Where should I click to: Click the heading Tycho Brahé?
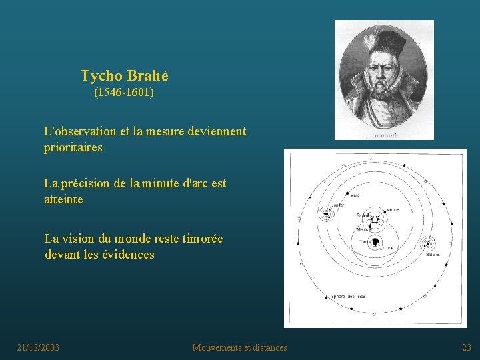coord(124,76)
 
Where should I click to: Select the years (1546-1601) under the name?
coord(124,92)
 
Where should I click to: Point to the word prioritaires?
coord(73,147)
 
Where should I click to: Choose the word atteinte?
coord(63,199)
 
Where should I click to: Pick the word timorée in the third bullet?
coord(199,238)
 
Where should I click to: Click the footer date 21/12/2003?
coord(38,347)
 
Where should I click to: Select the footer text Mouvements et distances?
coord(239,347)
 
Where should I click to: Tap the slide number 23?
coord(466,347)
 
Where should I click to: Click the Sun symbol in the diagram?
coord(375,219)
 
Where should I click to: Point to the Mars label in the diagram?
coord(355,195)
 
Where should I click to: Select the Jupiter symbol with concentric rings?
coord(327,214)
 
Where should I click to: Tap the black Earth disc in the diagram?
coord(375,242)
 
